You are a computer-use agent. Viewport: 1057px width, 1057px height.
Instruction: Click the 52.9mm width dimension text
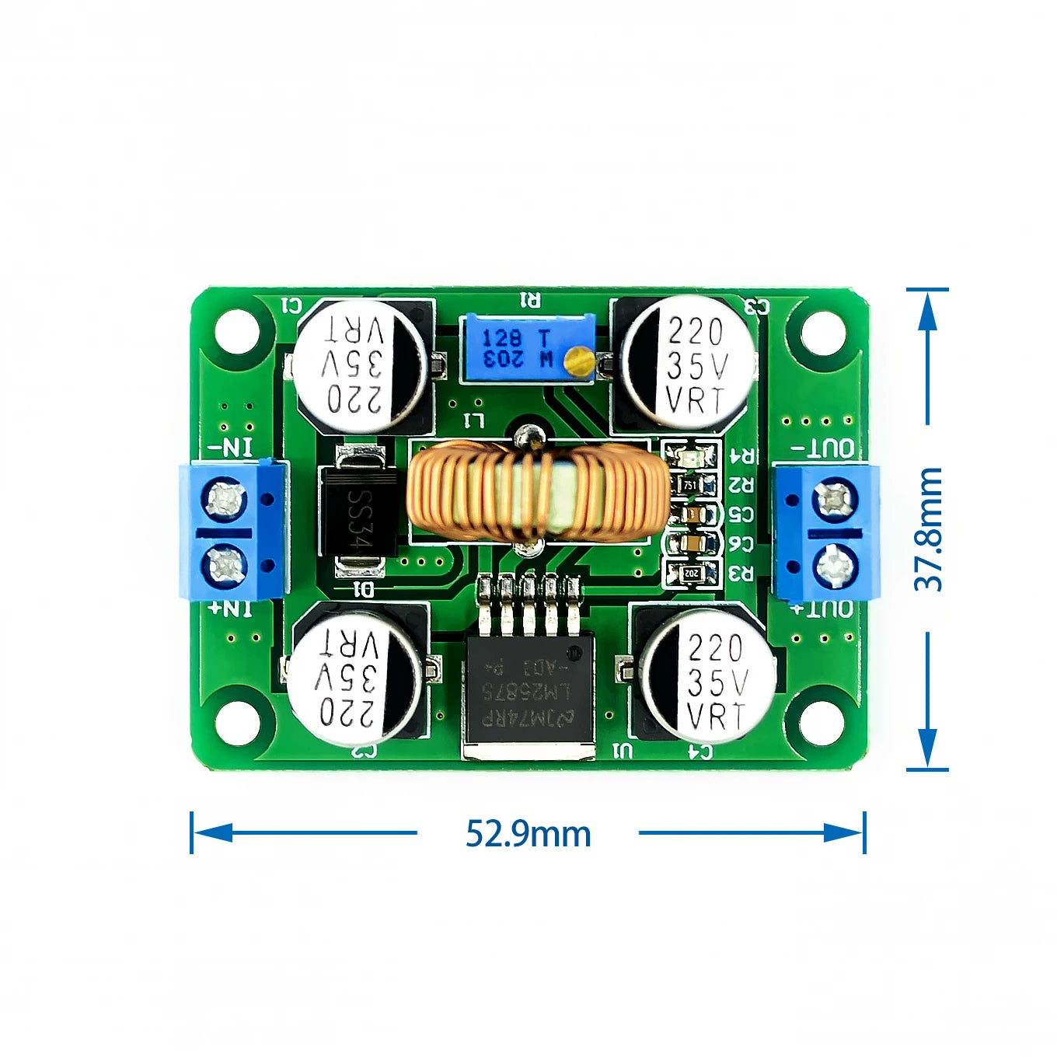tap(528, 833)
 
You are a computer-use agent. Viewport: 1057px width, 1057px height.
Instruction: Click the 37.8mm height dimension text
tap(929, 529)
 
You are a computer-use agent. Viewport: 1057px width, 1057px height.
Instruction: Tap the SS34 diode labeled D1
tap(358, 510)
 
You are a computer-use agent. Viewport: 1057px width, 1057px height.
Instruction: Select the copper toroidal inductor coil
tap(537, 491)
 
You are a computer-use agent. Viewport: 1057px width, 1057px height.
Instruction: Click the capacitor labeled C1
tap(361, 366)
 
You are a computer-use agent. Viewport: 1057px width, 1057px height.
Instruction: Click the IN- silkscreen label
tap(232, 448)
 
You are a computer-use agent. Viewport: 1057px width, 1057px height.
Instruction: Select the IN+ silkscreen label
tap(232, 609)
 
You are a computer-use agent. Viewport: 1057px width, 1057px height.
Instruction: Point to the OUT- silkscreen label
tap(823, 448)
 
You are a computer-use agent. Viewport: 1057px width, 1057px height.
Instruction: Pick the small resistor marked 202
tap(690, 574)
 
